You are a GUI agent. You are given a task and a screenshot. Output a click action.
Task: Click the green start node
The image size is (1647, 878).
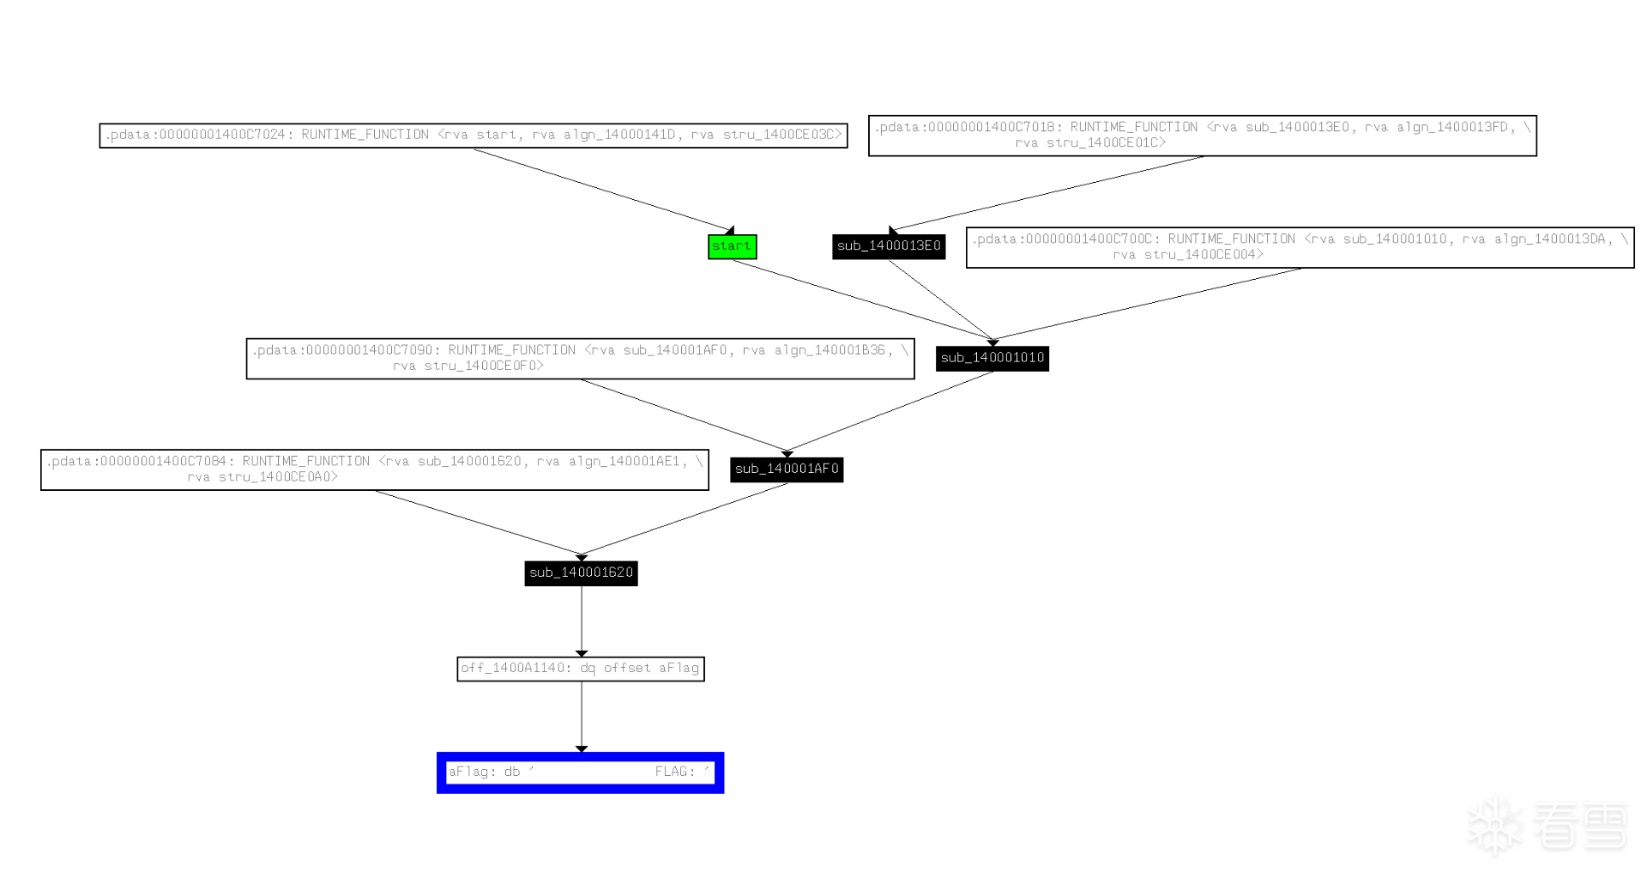click(732, 246)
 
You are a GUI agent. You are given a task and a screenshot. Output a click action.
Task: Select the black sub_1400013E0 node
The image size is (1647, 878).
click(889, 246)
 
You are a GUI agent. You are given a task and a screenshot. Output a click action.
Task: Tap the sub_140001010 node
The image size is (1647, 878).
click(992, 358)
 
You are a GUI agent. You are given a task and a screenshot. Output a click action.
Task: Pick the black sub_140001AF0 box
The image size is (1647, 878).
click(787, 469)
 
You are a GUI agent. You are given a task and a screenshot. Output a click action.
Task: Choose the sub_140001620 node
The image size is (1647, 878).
click(581, 573)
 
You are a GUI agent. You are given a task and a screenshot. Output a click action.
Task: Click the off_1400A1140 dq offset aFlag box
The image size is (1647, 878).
click(581, 669)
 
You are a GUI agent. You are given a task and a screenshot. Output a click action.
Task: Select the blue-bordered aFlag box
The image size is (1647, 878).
click(580, 772)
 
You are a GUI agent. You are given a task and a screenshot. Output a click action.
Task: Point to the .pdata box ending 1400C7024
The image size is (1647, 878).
click(474, 136)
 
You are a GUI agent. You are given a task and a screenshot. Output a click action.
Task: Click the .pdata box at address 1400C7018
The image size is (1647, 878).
click(1202, 136)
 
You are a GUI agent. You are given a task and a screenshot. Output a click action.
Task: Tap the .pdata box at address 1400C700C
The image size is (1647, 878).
click(1300, 247)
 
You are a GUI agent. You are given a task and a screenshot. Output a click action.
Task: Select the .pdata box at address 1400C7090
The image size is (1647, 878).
click(580, 359)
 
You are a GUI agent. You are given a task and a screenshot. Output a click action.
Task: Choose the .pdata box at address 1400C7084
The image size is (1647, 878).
click(374, 469)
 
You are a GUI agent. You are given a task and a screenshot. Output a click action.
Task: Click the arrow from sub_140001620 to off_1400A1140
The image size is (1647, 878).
click(582, 621)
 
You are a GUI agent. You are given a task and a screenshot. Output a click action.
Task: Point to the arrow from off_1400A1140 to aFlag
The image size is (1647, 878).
click(582, 717)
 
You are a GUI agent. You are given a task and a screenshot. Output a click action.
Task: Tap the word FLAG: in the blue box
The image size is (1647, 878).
click(675, 772)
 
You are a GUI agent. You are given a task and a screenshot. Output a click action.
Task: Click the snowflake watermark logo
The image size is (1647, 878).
click(1494, 827)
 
